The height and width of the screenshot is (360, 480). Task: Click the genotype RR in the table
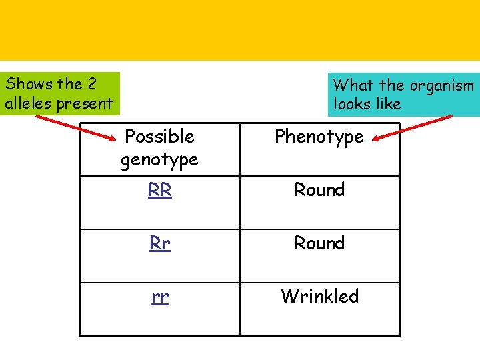(x=160, y=190)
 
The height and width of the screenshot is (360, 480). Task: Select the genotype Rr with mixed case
(x=160, y=243)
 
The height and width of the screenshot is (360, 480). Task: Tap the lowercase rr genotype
(x=160, y=297)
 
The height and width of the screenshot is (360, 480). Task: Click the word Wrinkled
(x=319, y=296)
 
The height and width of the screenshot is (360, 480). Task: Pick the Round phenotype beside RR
(x=319, y=190)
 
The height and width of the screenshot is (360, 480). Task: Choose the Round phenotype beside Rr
(x=319, y=243)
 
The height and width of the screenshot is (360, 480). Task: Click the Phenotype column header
(x=319, y=137)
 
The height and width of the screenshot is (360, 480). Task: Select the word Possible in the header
(x=160, y=137)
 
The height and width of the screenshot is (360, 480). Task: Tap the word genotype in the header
(x=160, y=160)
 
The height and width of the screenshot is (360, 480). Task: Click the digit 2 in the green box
(x=92, y=84)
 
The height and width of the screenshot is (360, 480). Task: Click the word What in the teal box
(x=354, y=85)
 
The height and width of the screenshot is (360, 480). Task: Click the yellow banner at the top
(x=240, y=30)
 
